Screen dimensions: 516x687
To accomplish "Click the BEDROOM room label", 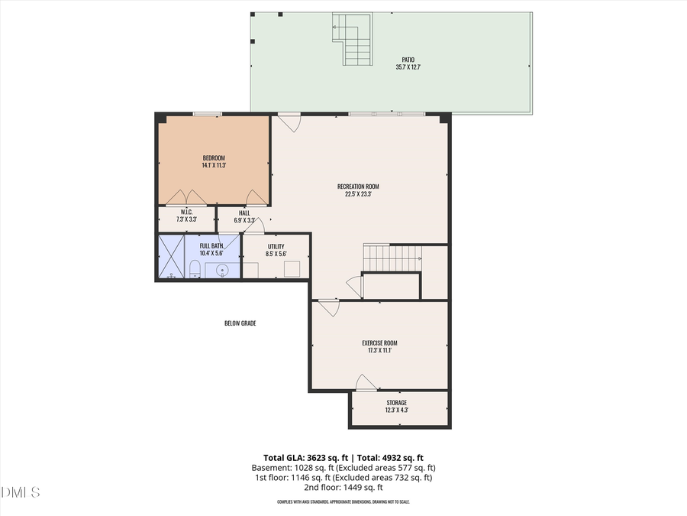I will coord(214,158).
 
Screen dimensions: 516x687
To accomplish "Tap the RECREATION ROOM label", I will coord(358,187).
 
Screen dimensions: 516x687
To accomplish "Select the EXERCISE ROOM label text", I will coord(379,343).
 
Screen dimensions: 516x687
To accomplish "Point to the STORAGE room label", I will coord(396,403).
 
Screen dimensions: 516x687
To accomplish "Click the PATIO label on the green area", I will coord(408,60).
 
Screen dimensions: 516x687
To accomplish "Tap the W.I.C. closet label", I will coord(186,212).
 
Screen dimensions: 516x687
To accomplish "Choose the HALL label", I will coord(244,213).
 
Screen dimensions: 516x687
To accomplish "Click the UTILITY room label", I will coord(276,246).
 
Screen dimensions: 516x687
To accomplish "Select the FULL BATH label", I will coord(211,245).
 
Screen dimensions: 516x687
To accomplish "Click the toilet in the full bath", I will coord(195,269).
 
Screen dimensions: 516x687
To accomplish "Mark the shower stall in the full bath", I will coord(172,257).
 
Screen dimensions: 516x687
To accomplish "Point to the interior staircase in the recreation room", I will coord(392,258).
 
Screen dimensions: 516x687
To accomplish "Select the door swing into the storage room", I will coord(366,382).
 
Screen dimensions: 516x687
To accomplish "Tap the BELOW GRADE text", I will coord(240,323).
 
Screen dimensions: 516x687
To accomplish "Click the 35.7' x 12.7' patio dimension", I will coord(408,67).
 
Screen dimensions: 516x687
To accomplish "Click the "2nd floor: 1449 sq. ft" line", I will coord(343,488).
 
